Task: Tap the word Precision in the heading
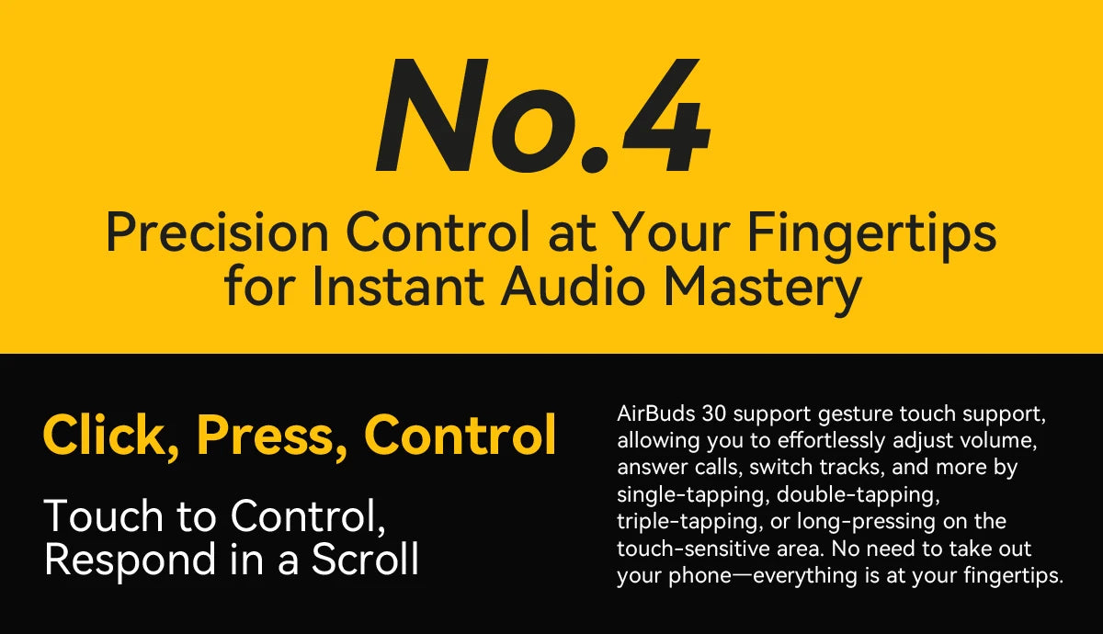[217, 232]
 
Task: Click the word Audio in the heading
[574, 287]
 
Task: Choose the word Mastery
[762, 290]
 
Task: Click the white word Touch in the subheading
[103, 515]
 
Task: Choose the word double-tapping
[858, 495]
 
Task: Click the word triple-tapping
[688, 522]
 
